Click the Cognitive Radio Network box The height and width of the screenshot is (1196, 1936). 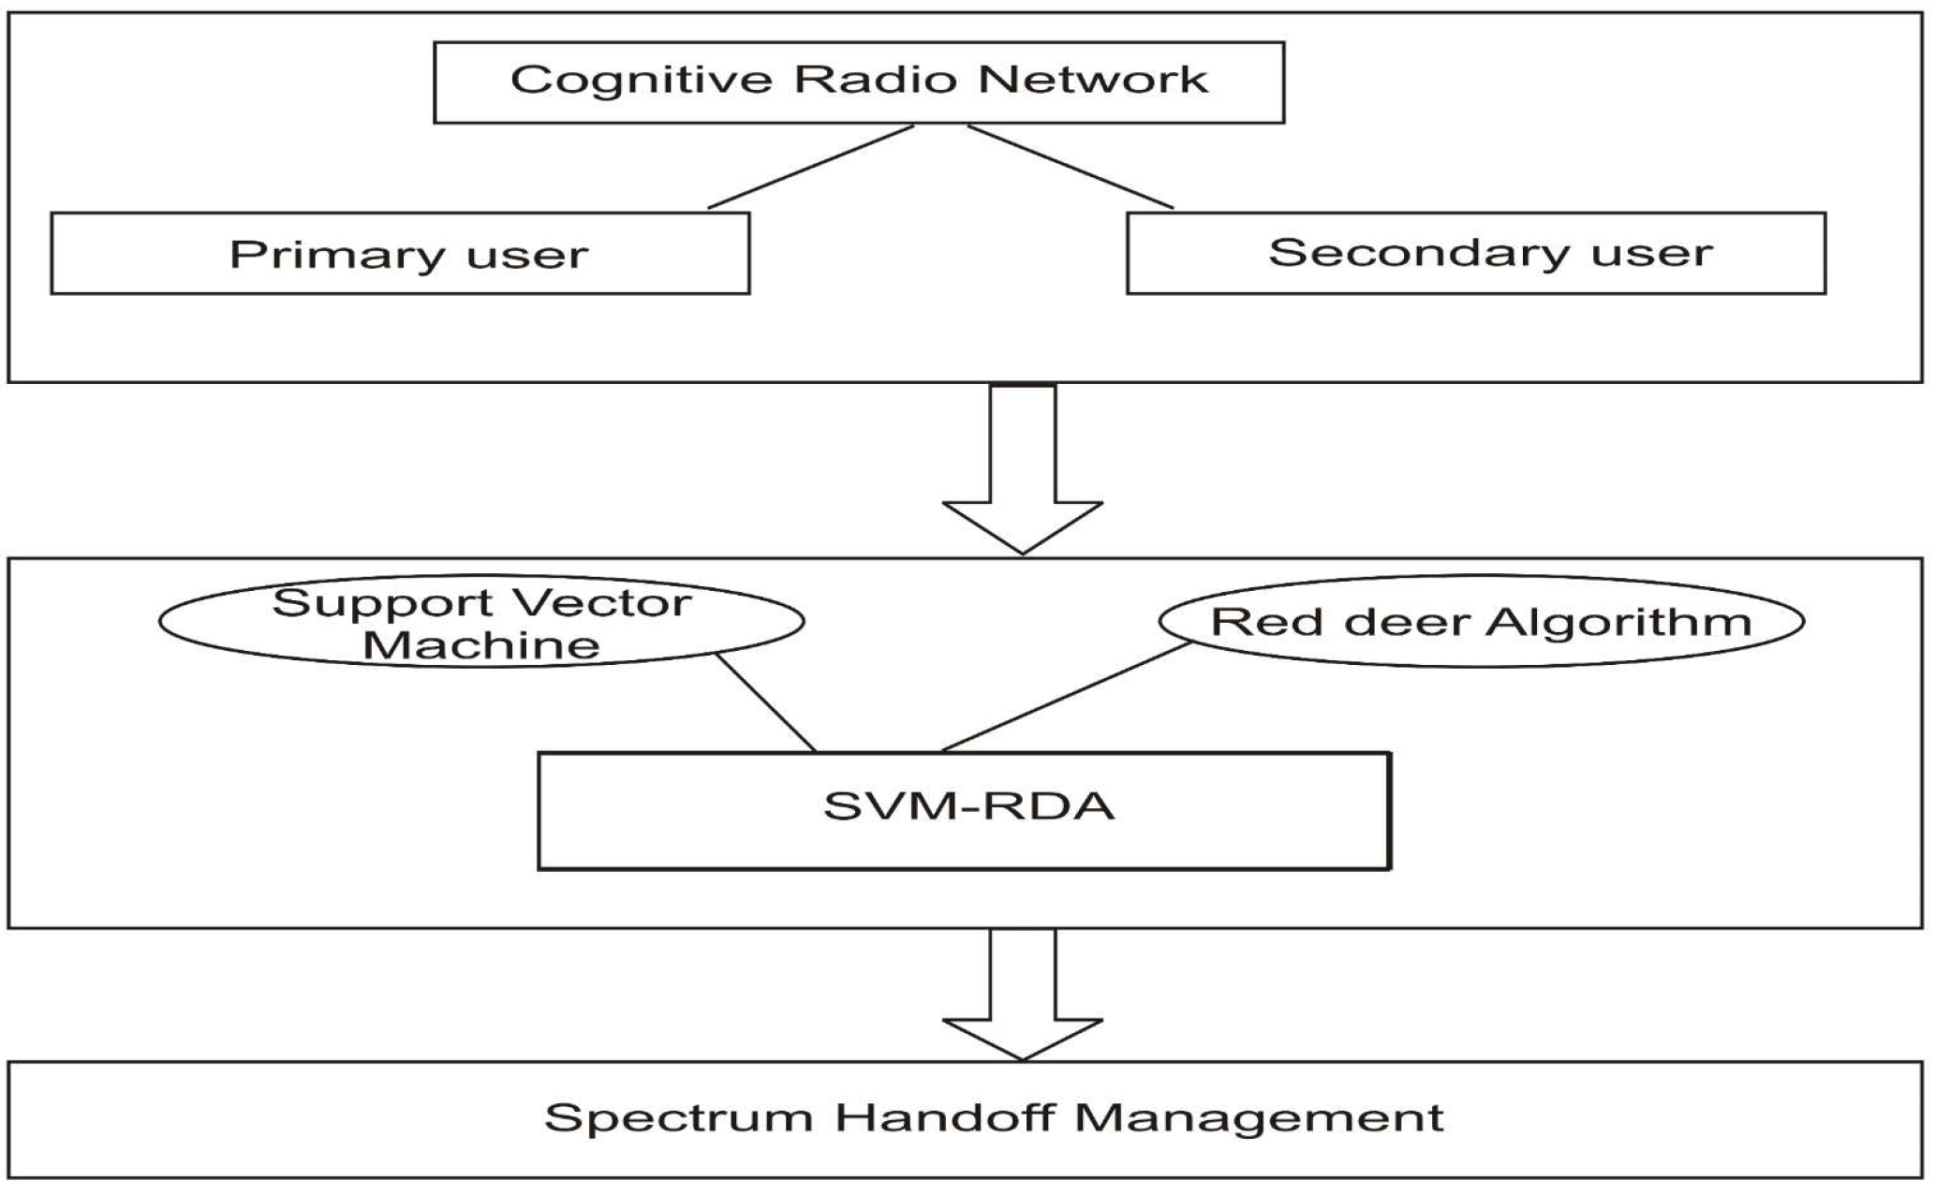point(858,82)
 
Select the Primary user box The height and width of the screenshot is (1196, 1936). point(400,254)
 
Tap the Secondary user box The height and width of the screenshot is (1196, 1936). point(1475,254)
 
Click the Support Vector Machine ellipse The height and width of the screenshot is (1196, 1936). point(481,622)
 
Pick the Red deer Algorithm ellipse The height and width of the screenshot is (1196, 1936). point(1481,622)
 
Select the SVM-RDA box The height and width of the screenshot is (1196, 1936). point(965,811)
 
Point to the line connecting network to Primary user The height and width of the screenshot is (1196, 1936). point(810,167)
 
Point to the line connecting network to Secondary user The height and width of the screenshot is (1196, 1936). point(1071,167)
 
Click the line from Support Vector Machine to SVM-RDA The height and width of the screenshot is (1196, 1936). point(766,702)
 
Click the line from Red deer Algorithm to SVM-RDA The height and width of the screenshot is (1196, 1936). point(1066,697)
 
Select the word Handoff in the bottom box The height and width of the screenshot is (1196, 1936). point(944,1118)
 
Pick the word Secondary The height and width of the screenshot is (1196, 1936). point(1417,254)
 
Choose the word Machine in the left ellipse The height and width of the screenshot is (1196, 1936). point(480,645)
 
